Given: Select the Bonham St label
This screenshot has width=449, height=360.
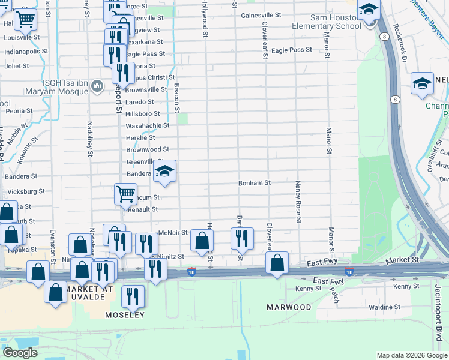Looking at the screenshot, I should [x=255, y=182].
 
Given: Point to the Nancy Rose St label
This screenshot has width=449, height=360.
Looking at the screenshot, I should [x=298, y=201].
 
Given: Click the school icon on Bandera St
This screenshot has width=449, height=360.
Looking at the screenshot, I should [x=164, y=173].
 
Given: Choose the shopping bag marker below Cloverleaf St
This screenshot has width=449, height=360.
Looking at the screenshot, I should [x=277, y=263].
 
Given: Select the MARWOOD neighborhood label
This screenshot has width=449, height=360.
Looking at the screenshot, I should [x=289, y=307].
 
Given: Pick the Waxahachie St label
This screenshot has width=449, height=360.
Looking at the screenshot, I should [x=147, y=125].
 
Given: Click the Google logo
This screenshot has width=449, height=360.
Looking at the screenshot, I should [x=20, y=353].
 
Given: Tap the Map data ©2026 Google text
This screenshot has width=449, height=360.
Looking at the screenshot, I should [x=411, y=355].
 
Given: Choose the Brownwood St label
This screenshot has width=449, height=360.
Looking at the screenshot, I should [x=148, y=149].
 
